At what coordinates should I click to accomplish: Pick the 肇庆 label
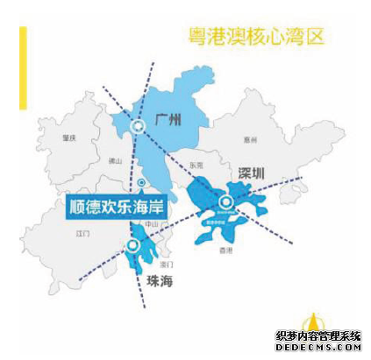click(68, 138)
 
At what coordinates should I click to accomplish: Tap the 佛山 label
click(114, 160)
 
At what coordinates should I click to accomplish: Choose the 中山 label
click(151, 224)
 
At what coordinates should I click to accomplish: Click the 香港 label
click(226, 251)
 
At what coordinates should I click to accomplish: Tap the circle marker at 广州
click(136, 128)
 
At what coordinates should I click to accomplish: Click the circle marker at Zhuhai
click(132, 246)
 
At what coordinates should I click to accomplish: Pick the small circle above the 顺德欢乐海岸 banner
click(141, 182)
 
